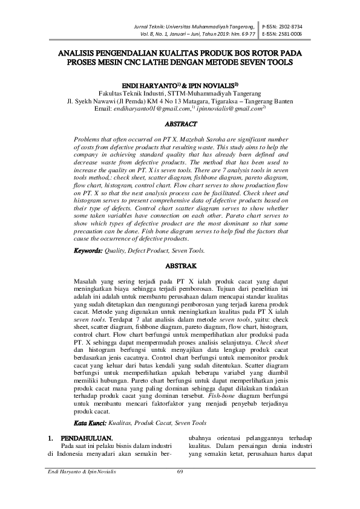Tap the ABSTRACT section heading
[180, 124]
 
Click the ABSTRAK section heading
[180, 265]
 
